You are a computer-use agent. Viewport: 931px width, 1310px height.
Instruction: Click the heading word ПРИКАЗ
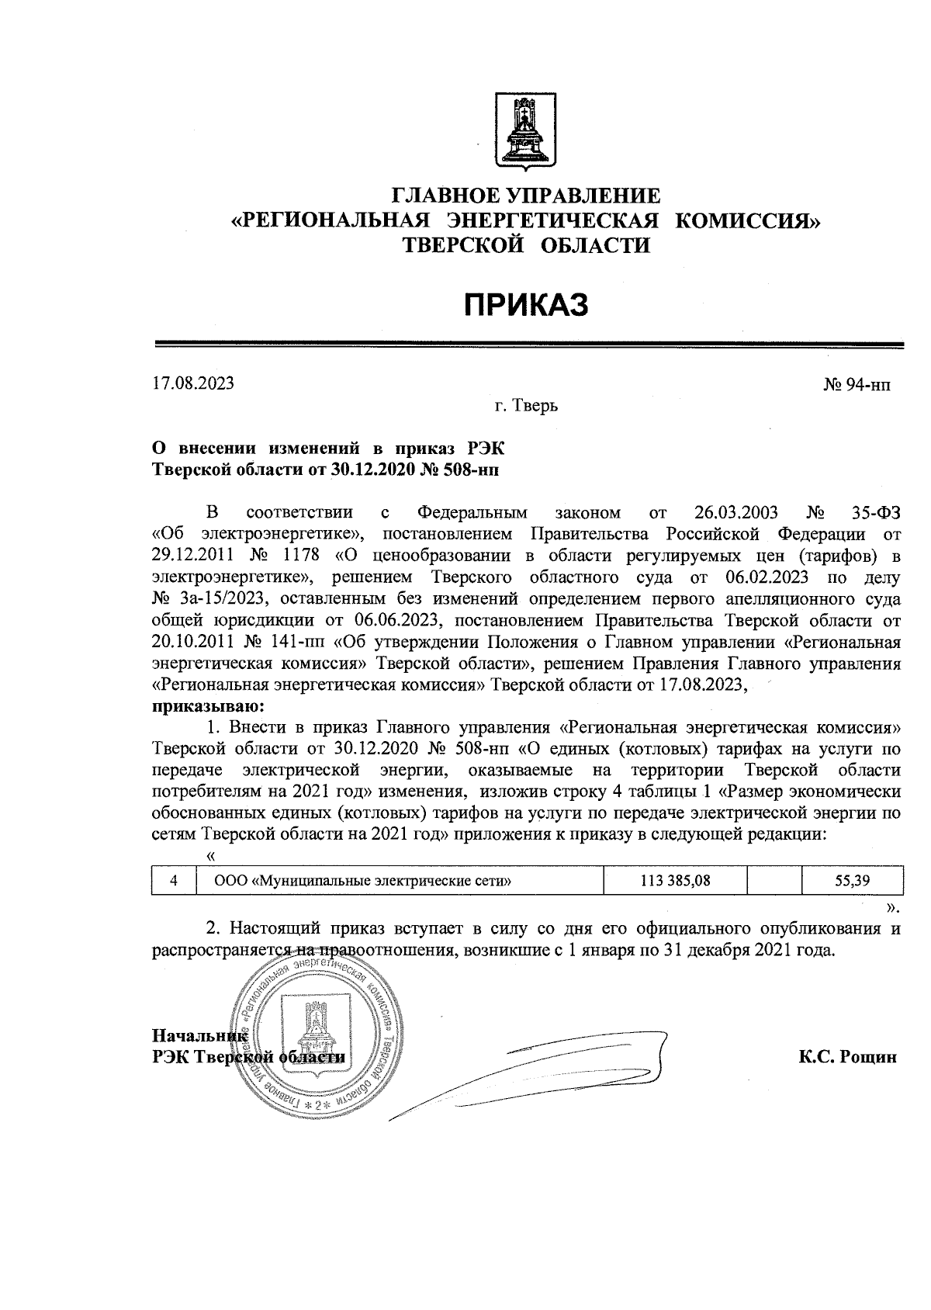527,305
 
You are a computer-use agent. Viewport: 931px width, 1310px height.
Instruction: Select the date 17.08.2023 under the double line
193,383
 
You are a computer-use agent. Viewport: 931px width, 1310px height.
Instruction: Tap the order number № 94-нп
857,384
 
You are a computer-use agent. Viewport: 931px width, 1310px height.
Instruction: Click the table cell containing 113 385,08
676,880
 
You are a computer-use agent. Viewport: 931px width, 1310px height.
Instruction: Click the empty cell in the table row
774,880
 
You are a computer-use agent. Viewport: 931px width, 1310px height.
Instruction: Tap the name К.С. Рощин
847,1057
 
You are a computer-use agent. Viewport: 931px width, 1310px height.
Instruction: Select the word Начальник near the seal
200,1035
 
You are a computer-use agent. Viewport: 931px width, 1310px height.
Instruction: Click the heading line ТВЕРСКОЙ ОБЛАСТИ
526,246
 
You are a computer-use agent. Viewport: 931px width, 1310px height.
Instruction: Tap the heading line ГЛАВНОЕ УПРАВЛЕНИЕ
526,196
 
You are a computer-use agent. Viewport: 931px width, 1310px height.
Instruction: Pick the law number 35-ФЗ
871,513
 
